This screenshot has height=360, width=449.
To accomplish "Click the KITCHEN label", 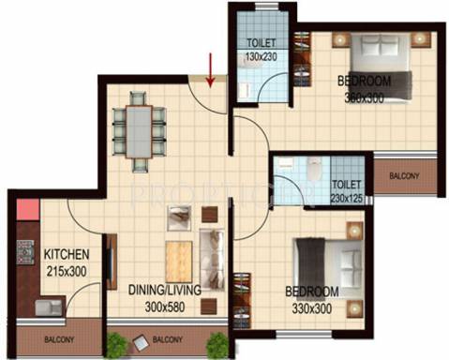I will point(66,254).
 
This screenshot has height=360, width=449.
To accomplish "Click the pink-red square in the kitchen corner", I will point(26,210).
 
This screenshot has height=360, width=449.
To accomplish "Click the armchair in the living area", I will point(179,217).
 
